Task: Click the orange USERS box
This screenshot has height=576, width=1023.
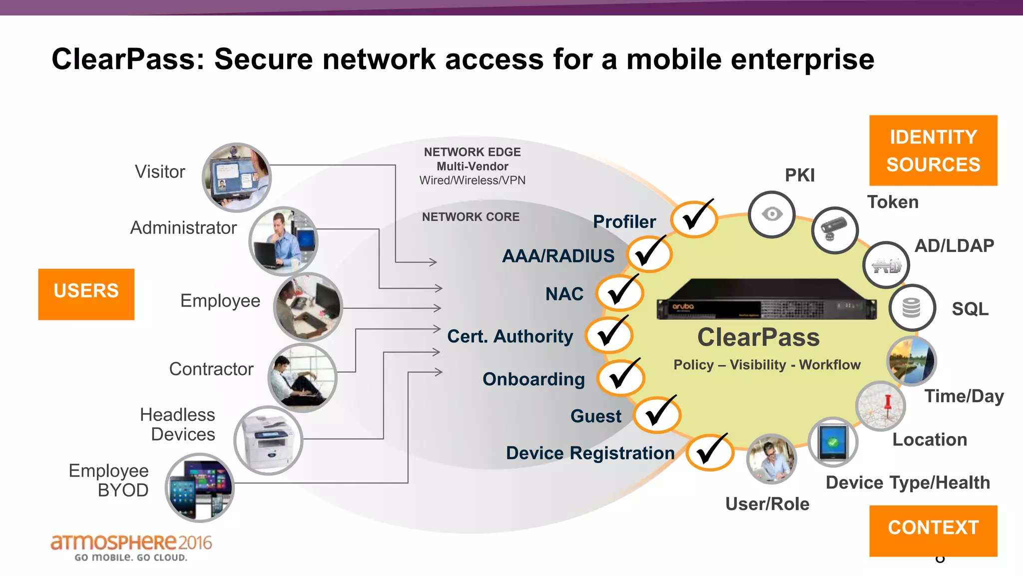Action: click(x=86, y=294)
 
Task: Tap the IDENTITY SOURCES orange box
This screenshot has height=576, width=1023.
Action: click(x=933, y=150)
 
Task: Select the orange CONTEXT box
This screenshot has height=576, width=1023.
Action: click(x=933, y=530)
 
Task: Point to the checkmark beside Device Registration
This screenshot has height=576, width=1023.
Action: click(x=709, y=452)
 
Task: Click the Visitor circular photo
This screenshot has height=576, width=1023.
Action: click(x=236, y=177)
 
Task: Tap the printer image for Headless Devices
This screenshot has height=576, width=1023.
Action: click(x=268, y=440)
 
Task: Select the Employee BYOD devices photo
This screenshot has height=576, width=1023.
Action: click(x=200, y=487)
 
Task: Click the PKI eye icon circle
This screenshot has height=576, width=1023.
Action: click(x=772, y=214)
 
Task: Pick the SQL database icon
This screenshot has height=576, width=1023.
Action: click(x=912, y=307)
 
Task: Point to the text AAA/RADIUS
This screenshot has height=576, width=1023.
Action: click(x=558, y=256)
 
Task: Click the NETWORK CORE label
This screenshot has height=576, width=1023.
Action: click(x=471, y=217)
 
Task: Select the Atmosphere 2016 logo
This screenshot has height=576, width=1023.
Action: click(x=131, y=547)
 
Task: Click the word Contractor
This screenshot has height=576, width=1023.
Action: click(x=211, y=369)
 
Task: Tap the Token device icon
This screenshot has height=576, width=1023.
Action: click(x=835, y=230)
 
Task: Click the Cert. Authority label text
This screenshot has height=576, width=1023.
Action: click(x=510, y=336)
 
